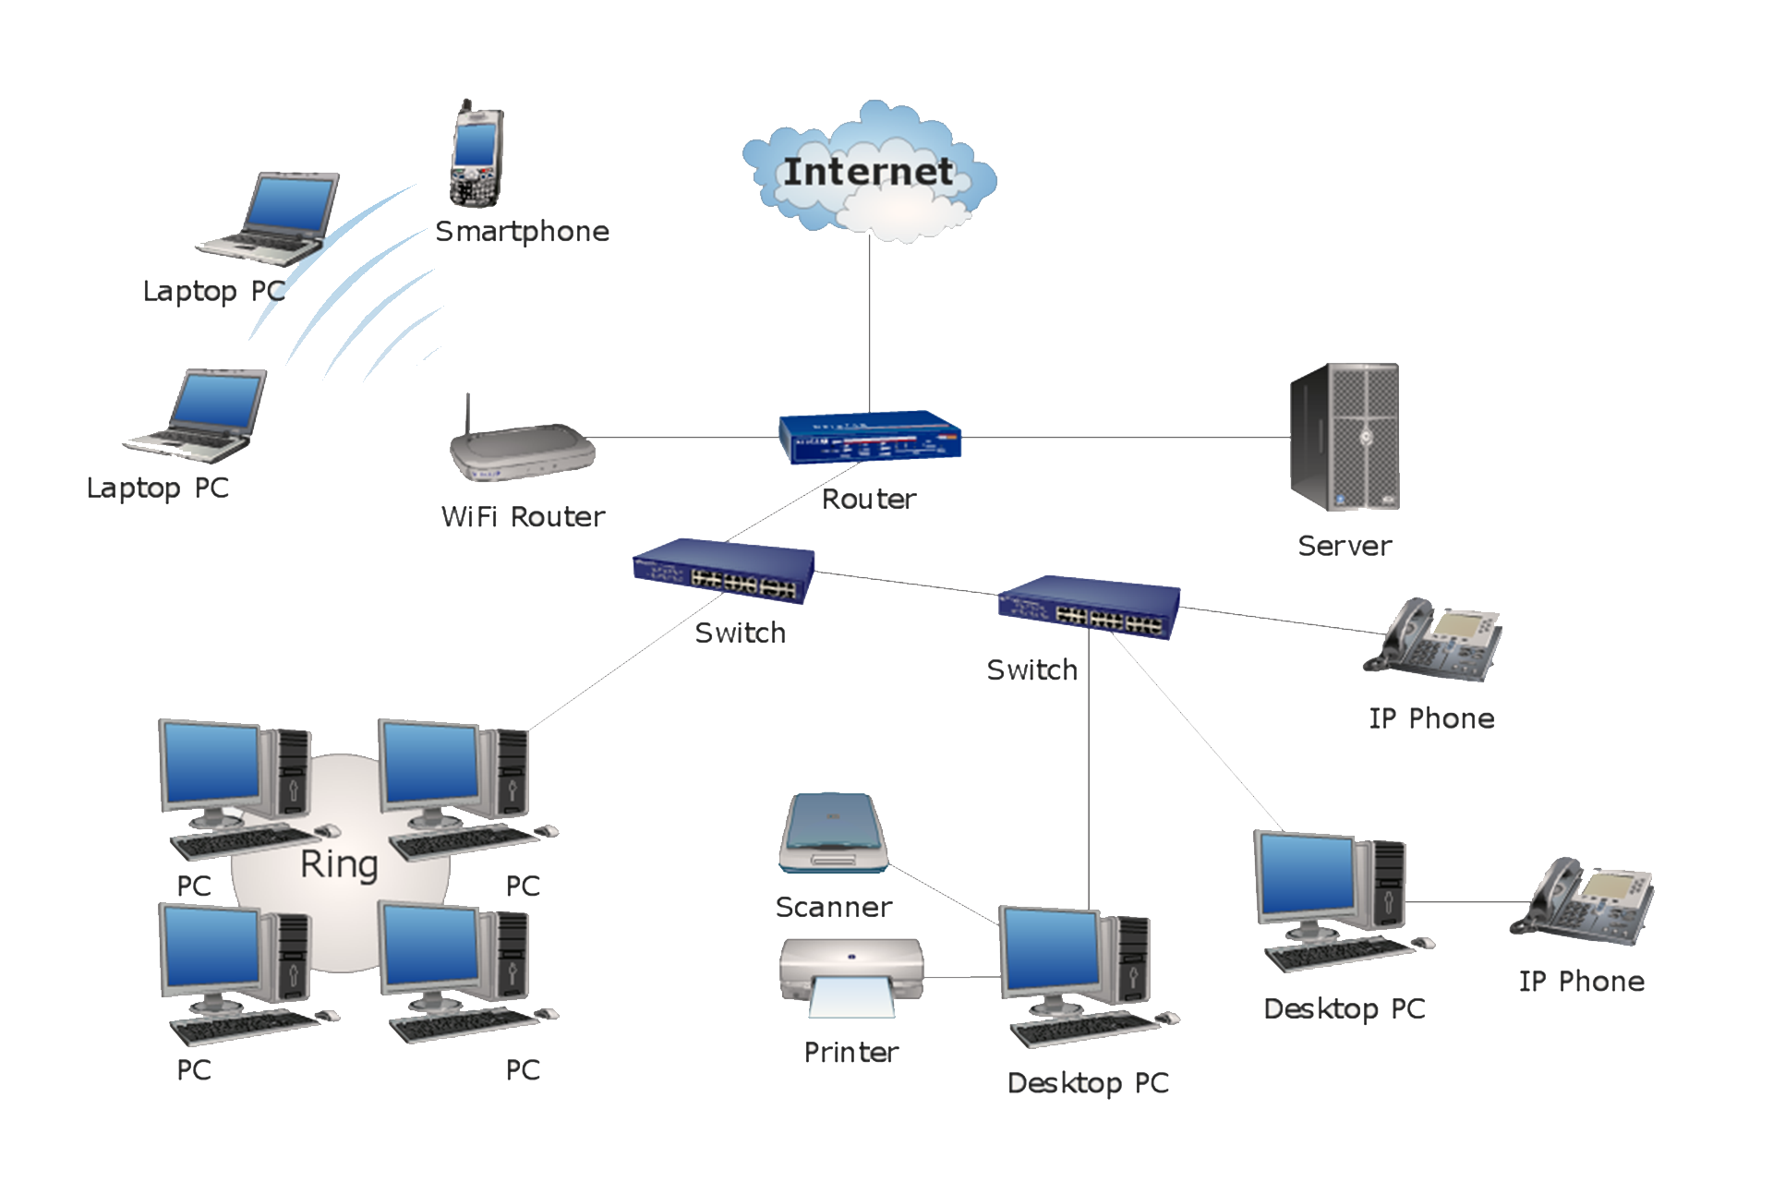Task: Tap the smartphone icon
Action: pos(476,154)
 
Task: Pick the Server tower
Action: pos(1345,437)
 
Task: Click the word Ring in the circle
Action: pos(339,864)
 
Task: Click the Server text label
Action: pos(1345,546)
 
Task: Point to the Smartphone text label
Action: pos(522,231)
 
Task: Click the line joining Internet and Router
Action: pos(869,323)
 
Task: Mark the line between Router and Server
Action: pos(1127,437)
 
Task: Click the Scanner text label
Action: pos(834,907)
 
